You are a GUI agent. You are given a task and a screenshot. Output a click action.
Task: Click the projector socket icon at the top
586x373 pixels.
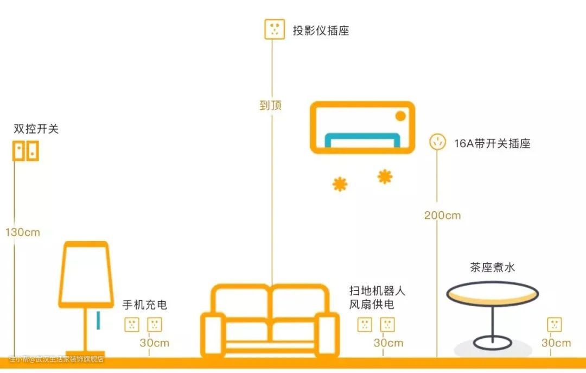coord(275,29)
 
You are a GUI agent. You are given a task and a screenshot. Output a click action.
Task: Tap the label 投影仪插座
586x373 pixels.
coord(321,30)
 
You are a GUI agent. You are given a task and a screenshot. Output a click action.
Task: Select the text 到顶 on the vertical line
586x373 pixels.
coord(271,105)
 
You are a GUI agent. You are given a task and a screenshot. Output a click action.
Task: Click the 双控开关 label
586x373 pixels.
coord(36,129)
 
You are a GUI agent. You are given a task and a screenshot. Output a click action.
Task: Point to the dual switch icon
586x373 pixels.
coord(26,151)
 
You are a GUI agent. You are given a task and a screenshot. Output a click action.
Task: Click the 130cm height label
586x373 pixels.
coord(23,232)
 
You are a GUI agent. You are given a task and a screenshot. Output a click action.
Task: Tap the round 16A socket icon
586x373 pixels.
coord(437,142)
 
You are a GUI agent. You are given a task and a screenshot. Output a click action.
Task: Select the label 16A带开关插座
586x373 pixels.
coord(492,144)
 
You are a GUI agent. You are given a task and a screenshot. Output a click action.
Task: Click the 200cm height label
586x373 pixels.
coord(442,215)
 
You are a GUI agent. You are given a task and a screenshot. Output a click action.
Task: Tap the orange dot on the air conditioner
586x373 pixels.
coord(400,116)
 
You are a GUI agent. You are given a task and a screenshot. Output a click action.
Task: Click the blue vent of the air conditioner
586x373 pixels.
coord(362,140)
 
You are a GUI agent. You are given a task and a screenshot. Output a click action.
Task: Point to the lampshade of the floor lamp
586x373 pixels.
coord(86,274)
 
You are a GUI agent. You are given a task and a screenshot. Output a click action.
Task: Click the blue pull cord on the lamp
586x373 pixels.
coord(98,320)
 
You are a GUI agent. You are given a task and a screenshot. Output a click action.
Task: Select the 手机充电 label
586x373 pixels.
coord(144,305)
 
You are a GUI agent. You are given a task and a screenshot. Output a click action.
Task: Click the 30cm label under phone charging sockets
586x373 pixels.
coord(155,343)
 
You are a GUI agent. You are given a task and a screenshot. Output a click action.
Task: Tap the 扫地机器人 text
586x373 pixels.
coord(377,291)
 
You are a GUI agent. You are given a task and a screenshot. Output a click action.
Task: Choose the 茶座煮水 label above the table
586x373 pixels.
coord(492,267)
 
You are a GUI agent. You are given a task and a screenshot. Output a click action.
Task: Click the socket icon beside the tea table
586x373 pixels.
coord(555,325)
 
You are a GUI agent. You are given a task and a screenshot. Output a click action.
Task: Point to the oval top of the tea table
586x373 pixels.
coord(493,293)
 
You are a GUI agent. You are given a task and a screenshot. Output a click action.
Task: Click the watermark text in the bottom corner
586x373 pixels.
coord(56,359)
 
